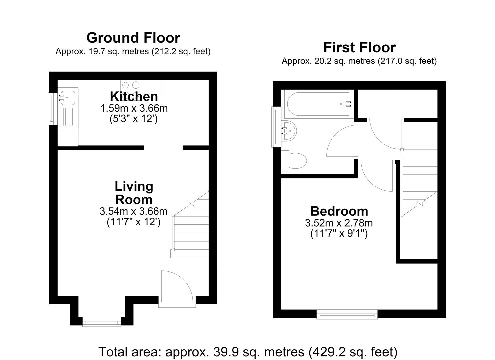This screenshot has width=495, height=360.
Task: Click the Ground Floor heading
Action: (x=133, y=38)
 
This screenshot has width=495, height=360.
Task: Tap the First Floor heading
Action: (x=360, y=48)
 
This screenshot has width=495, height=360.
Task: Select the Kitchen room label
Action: (x=134, y=96)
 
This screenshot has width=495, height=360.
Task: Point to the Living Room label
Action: (x=134, y=193)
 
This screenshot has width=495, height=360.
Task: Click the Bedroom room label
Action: (x=339, y=211)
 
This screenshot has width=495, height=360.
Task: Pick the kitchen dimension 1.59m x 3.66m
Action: (x=134, y=108)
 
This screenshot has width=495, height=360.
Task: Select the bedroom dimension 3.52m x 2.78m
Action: (x=339, y=223)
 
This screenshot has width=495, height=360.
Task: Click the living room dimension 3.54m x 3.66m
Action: (x=133, y=211)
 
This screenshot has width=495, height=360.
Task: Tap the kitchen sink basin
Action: (x=68, y=98)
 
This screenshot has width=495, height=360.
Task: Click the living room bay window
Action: (x=102, y=322)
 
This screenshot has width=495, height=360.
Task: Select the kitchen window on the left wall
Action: (x=51, y=109)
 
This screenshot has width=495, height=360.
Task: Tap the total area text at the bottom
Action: (x=248, y=352)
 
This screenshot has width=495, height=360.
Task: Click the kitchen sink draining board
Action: (x=68, y=118)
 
